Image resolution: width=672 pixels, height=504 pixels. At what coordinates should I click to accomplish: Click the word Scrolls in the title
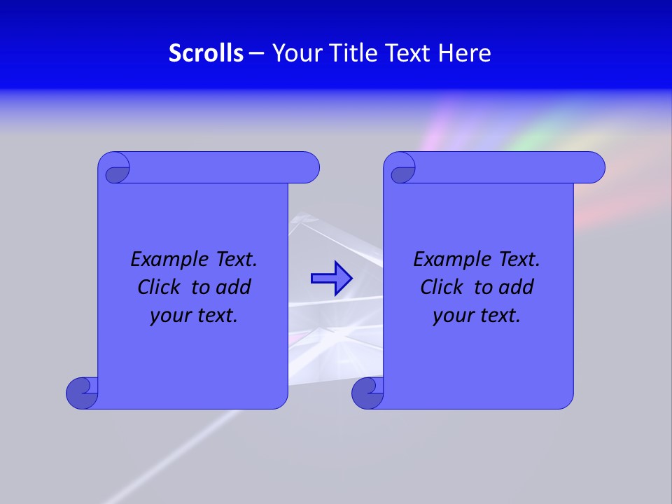tap(206, 53)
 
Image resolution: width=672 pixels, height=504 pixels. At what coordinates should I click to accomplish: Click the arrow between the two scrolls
tap(331, 279)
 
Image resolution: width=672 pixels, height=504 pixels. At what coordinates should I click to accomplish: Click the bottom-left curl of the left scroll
tap(81, 393)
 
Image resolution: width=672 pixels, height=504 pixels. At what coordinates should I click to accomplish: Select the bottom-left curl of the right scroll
tap(367, 393)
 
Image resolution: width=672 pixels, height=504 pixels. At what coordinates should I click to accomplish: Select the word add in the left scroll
tap(233, 287)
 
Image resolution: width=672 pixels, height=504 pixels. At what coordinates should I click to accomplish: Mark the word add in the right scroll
tap(517, 287)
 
